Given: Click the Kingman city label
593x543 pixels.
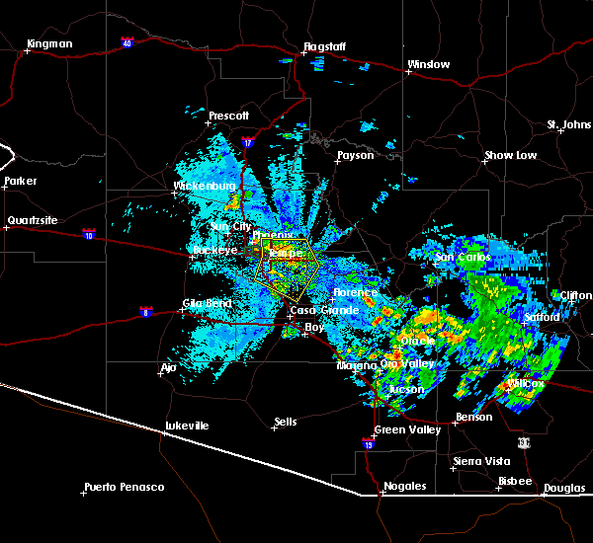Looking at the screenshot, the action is [49, 44].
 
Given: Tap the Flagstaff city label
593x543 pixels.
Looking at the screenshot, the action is [324, 46].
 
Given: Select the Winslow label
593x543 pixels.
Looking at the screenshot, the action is [428, 65].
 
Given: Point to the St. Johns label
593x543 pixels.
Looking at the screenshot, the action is [568, 125].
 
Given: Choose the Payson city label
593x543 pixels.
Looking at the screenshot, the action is [355, 155].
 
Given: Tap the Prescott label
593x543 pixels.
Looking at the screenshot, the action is [228, 116].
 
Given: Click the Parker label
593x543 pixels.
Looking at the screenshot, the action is [20, 182].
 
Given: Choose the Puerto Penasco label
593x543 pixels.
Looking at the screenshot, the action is [124, 487].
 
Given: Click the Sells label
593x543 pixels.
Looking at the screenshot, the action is [285, 422].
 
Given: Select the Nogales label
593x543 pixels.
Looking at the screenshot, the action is [406, 486].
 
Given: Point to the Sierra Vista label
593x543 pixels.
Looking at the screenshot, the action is [481, 461].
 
